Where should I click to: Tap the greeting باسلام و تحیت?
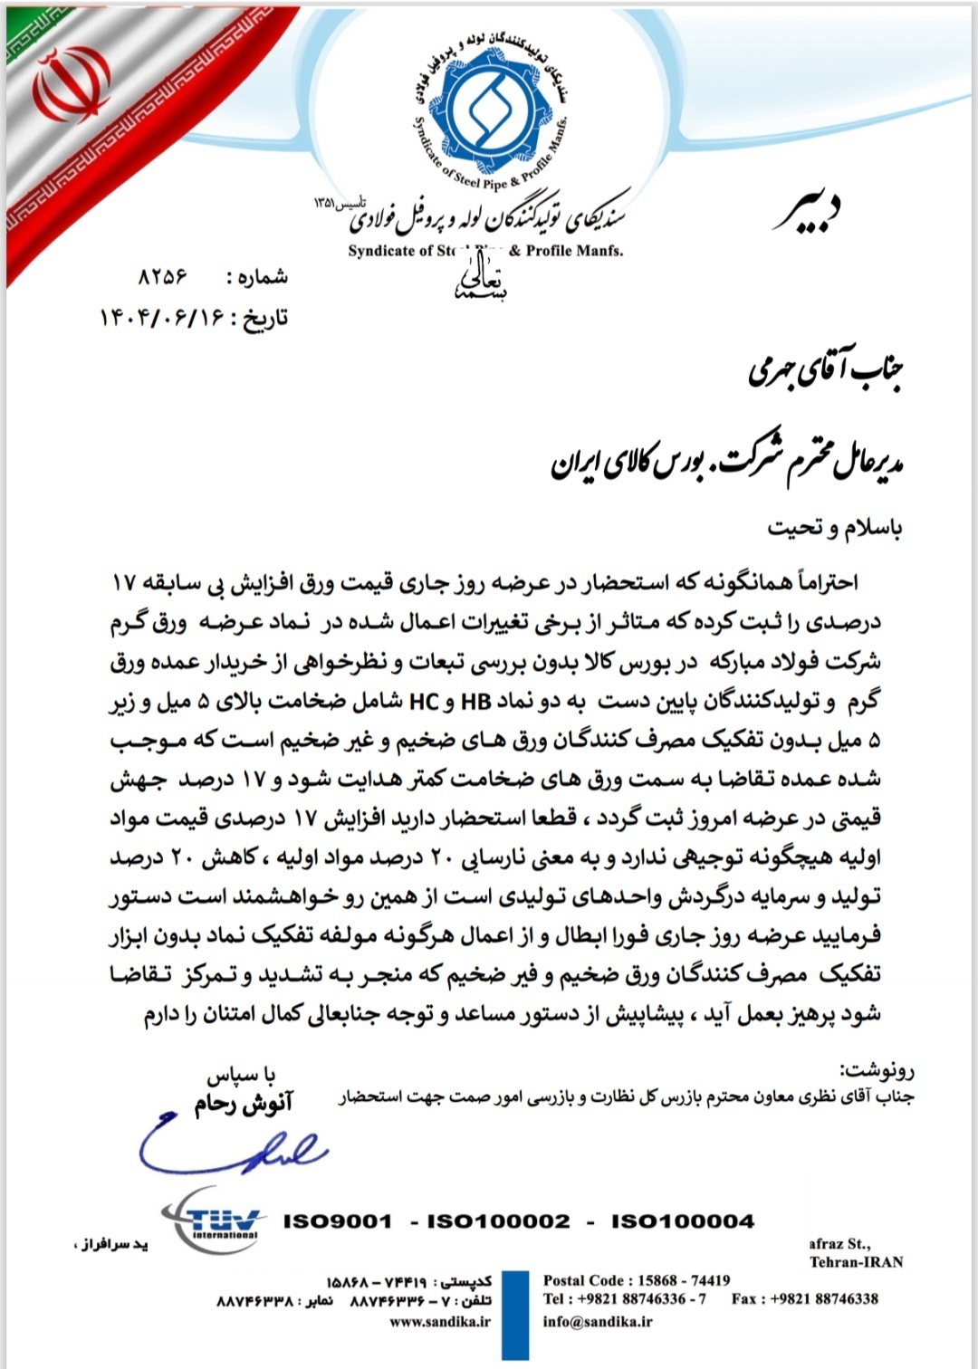(834, 527)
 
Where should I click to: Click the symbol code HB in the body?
(475, 701)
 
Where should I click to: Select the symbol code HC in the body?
(424, 701)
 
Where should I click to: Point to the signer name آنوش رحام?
(244, 1103)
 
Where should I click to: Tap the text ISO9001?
(338, 1221)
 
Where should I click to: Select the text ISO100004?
(683, 1221)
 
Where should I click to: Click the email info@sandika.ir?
(598, 1321)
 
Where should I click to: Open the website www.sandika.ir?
(440, 1321)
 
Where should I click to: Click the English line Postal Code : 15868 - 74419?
(637, 1280)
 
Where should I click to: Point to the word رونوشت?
(877, 1071)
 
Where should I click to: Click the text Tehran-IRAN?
(856, 1262)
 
